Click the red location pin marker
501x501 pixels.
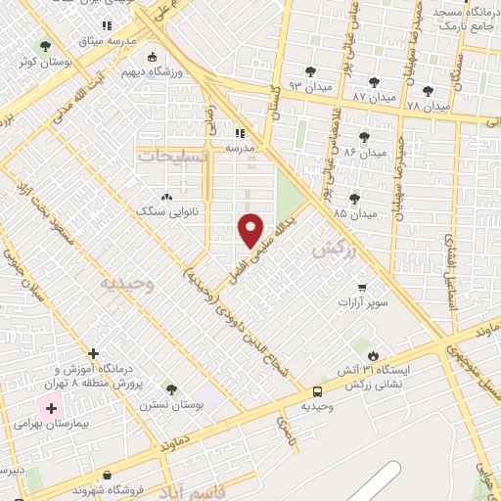(x=251, y=229)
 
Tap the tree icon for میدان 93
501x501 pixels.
(x=310, y=70)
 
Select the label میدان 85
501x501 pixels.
(x=354, y=212)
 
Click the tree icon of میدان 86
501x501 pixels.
(x=365, y=136)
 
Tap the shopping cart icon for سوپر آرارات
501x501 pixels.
(x=362, y=288)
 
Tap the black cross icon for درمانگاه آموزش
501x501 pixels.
(x=93, y=353)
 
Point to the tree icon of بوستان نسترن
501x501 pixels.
(x=171, y=388)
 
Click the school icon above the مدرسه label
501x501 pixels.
(x=240, y=132)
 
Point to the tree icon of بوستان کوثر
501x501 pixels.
(x=44, y=45)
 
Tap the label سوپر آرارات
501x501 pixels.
(x=361, y=303)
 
